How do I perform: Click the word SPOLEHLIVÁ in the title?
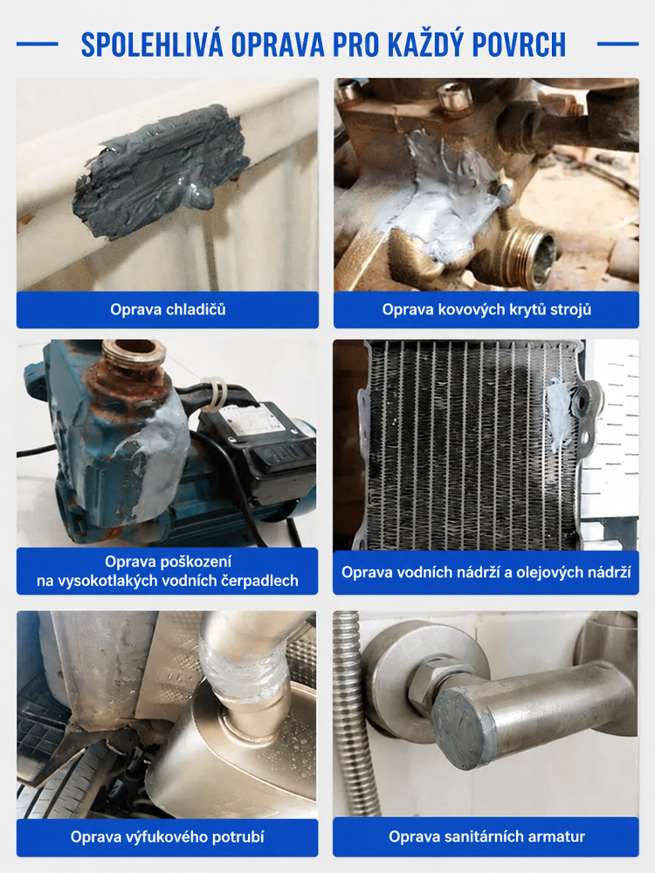pyautogui.click(x=152, y=45)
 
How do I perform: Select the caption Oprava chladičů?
pyautogui.click(x=168, y=310)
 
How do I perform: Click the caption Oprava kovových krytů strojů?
pyautogui.click(x=486, y=310)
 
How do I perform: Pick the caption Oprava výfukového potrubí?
pyautogui.click(x=167, y=837)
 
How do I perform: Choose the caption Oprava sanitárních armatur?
pyautogui.click(x=486, y=836)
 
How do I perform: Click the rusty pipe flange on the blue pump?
pyautogui.click(x=134, y=358)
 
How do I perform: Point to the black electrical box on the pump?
pyautogui.click(x=256, y=445)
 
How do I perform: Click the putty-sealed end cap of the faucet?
pyautogui.click(x=462, y=728)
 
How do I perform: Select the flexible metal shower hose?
pyautogui.click(x=355, y=712)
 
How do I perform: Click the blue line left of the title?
pyautogui.click(x=38, y=44)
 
